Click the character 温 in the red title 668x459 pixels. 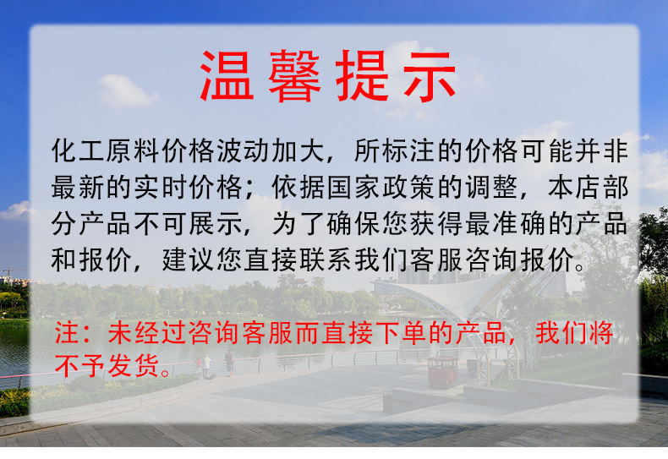click(x=227, y=77)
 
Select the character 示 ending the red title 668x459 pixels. click(x=430, y=77)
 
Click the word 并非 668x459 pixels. click(x=605, y=152)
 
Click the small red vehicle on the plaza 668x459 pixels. click(x=442, y=371)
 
